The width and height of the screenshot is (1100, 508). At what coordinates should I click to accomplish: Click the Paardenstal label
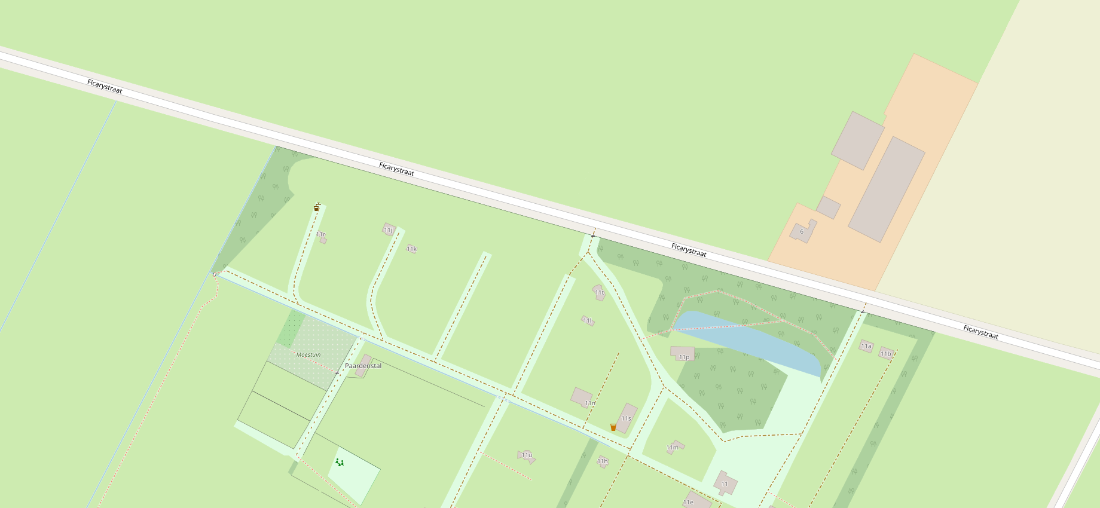(x=363, y=366)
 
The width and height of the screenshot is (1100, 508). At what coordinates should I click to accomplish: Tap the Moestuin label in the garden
(x=308, y=354)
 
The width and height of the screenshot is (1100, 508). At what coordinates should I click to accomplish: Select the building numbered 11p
(x=682, y=353)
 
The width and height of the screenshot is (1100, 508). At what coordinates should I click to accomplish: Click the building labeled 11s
(x=626, y=417)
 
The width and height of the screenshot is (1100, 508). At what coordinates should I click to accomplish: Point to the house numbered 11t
(x=599, y=292)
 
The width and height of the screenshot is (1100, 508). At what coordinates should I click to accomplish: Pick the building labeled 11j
(x=389, y=229)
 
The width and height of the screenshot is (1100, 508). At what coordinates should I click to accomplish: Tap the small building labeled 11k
(x=411, y=249)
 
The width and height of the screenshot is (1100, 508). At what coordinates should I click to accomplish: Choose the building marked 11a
(x=866, y=345)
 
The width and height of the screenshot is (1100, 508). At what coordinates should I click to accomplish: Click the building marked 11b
(x=886, y=353)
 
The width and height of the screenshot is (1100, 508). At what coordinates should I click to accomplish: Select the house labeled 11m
(x=674, y=447)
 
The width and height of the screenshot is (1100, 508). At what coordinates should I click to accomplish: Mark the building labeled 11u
(x=527, y=456)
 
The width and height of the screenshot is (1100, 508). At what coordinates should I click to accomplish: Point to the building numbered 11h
(x=603, y=461)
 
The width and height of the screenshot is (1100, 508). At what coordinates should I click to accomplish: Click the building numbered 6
(x=803, y=231)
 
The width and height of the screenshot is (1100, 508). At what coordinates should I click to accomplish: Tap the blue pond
(x=747, y=341)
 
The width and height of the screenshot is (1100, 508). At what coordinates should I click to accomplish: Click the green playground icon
(x=339, y=462)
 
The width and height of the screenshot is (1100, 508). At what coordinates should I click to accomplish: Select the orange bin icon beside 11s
(x=613, y=427)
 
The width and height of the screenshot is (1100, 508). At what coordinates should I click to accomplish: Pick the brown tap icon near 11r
(x=316, y=207)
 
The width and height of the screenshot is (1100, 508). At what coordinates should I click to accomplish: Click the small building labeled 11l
(x=588, y=321)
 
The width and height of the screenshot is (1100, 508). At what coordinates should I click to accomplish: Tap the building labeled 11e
(x=696, y=501)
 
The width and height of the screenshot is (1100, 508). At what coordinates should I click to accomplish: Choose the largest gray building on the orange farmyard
(x=887, y=189)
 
